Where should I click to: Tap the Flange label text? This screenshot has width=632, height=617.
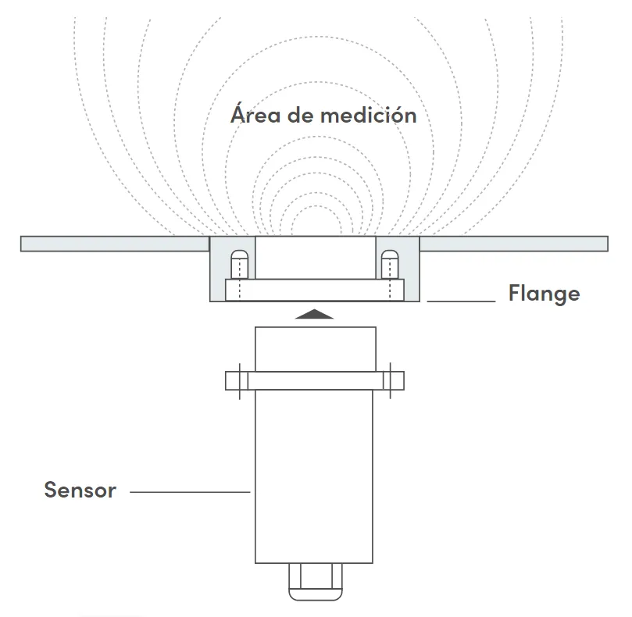pyautogui.click(x=544, y=294)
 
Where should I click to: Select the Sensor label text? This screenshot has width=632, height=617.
pyautogui.click(x=80, y=490)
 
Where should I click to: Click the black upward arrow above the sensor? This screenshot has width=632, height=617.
pyautogui.click(x=315, y=314)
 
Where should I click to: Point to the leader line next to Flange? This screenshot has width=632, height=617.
pyautogui.click(x=461, y=301)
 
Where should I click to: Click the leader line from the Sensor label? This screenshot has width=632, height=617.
pyautogui.click(x=189, y=492)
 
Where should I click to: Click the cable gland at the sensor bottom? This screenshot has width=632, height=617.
pyautogui.click(x=315, y=582)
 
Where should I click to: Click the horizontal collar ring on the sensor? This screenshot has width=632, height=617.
pyautogui.click(x=315, y=380)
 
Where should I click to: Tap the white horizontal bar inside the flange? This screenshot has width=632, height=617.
pyautogui.click(x=315, y=290)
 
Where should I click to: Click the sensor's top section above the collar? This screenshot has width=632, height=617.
pyautogui.click(x=315, y=348)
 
